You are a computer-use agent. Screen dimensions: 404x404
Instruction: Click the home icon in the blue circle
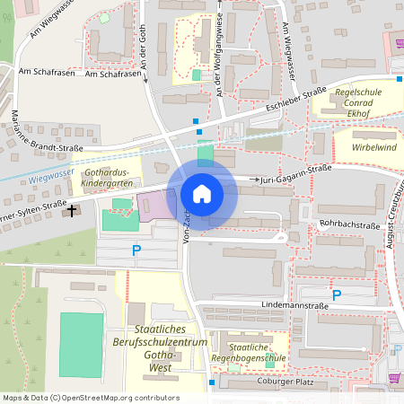point(202,193)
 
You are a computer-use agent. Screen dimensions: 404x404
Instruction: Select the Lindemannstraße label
point(282,305)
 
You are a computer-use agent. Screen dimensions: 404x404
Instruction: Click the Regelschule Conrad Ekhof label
point(359,103)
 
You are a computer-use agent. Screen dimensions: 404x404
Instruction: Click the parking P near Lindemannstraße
point(337,294)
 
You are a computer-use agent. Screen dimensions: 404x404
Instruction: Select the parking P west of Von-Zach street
point(136,250)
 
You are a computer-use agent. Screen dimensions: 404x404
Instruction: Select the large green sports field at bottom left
point(82,345)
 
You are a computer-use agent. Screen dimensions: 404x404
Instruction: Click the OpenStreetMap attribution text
point(90,398)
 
